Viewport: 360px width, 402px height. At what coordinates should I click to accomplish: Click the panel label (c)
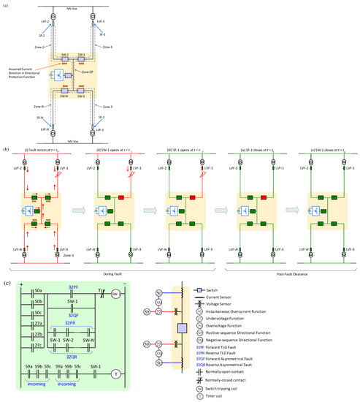(x=7, y=283)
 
